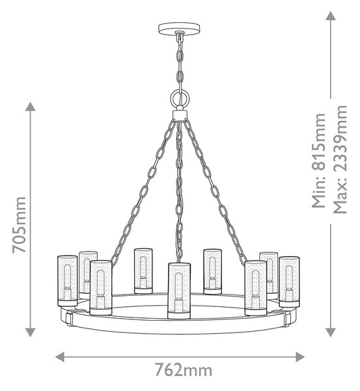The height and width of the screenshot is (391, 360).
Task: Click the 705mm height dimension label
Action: (x=19, y=225)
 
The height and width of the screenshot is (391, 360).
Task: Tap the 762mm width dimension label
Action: (x=184, y=370)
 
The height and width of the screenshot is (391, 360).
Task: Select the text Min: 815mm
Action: (x=319, y=160)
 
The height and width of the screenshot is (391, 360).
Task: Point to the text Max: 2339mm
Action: (x=340, y=160)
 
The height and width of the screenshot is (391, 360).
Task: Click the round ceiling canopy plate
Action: (x=179, y=27)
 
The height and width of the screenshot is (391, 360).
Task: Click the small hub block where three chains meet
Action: (x=180, y=115)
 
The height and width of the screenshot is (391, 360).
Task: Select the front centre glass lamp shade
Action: (x=179, y=291)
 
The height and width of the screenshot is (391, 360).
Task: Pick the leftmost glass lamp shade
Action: (x=67, y=281)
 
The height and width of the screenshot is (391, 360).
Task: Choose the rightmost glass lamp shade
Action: (x=289, y=282)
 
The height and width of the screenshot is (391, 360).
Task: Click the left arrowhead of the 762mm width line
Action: (x=60, y=357)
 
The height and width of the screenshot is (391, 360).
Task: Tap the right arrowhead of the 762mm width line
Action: (x=300, y=357)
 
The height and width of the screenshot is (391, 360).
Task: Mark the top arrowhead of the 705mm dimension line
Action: (x=31, y=106)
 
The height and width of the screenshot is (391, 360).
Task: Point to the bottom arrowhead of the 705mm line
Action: (x=31, y=332)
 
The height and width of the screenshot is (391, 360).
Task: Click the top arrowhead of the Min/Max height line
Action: (x=331, y=16)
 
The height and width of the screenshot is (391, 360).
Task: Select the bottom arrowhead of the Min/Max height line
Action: (x=331, y=332)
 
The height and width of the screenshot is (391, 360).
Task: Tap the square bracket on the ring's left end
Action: (x=68, y=317)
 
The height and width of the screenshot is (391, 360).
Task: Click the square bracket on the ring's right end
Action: (x=287, y=318)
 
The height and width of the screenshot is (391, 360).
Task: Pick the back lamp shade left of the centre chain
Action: (x=143, y=271)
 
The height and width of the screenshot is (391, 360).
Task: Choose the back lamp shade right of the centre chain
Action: (x=212, y=272)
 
